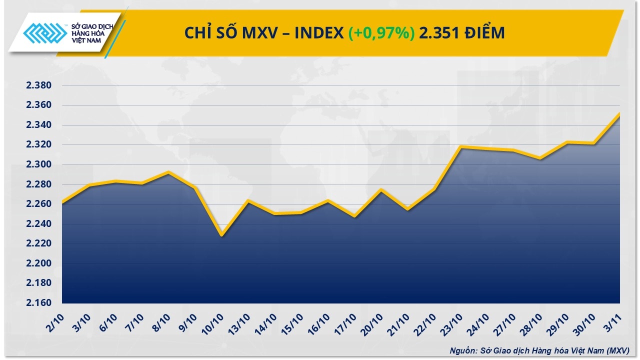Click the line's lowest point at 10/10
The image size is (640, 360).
[221, 235]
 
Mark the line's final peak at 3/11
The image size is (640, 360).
[619, 113]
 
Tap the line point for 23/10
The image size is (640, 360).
[461, 146]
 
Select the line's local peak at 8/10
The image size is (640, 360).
[168, 172]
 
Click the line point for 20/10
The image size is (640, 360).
[381, 189]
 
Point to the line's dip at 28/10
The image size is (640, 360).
[539, 158]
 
